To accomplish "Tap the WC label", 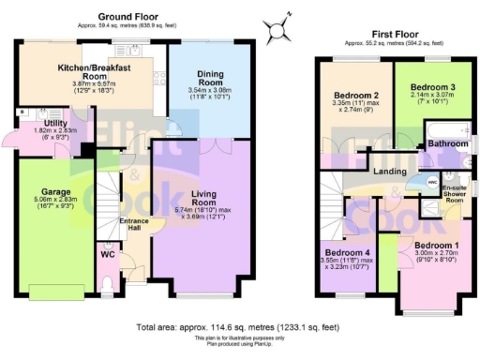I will [x=107, y=254].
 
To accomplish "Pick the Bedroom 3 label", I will [x=426, y=83].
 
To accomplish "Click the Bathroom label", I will [x=447, y=143].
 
